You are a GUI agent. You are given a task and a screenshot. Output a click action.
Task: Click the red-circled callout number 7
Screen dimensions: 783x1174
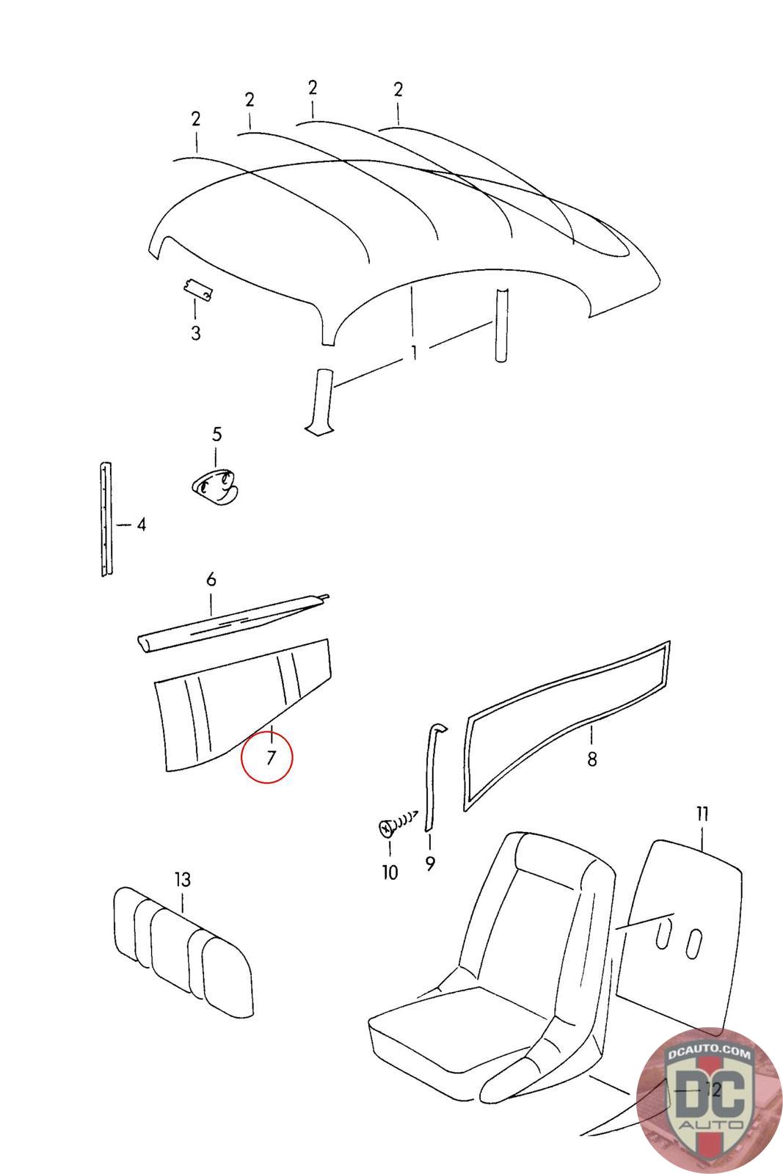coord(269,757)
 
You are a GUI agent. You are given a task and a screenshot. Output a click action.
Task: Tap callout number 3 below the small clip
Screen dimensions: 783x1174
coord(195,333)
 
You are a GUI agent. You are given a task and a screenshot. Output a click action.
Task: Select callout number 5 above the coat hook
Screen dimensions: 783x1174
coord(216,434)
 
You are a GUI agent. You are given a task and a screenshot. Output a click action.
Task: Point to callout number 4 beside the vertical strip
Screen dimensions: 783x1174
coord(141,525)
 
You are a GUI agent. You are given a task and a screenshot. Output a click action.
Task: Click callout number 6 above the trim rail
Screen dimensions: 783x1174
coord(211,580)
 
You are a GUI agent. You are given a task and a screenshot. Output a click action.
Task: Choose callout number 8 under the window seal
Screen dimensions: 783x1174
coord(592,758)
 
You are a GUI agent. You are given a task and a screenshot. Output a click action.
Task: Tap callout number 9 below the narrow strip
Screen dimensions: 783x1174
coord(429,864)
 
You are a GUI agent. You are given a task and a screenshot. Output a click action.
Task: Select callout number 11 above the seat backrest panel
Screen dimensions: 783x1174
coord(702,814)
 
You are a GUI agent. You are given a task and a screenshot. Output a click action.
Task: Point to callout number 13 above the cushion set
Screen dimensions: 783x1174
coord(182,878)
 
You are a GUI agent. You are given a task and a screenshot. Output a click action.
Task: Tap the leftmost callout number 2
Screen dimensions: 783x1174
coord(196,119)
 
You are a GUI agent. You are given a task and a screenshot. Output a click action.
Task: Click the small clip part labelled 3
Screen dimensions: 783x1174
coord(198,291)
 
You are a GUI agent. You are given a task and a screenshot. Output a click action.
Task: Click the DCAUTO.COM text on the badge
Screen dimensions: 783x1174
coord(710,1055)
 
